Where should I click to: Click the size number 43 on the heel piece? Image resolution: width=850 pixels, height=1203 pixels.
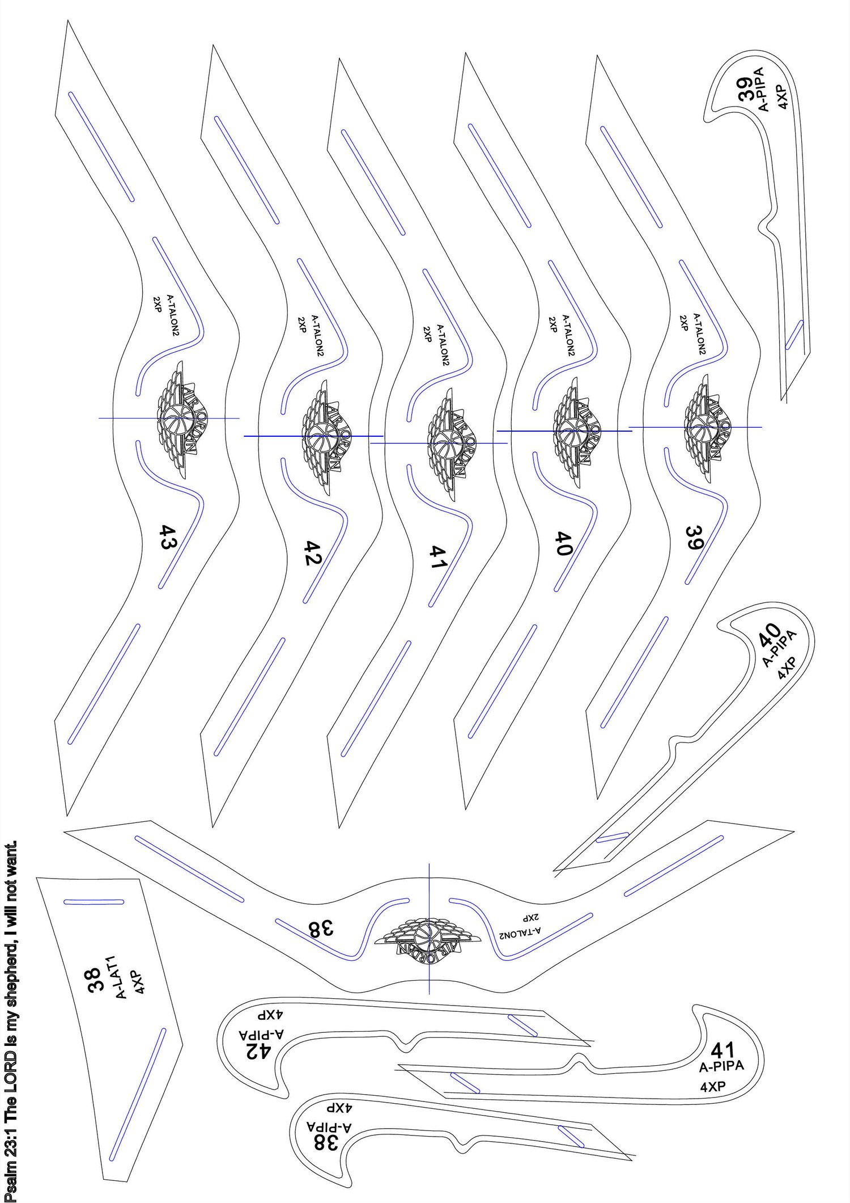[x=168, y=537]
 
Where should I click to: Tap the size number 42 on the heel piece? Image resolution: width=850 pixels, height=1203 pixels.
[x=313, y=553]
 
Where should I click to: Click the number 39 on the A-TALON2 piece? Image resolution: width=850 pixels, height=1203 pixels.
[x=695, y=538]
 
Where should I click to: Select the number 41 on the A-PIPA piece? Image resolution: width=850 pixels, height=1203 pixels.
[x=723, y=1050]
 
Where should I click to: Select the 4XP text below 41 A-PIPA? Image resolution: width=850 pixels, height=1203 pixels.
[x=713, y=1087]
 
